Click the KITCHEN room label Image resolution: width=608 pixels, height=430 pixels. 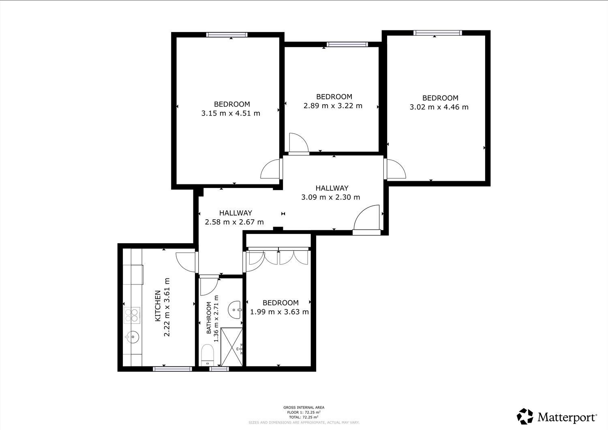point(158,306)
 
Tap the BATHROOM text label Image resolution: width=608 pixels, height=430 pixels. point(209,318)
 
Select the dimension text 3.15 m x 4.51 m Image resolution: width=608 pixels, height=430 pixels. point(231,113)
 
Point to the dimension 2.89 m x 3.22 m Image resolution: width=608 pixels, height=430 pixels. point(333,106)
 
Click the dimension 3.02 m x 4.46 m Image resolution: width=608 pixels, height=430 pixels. point(439,107)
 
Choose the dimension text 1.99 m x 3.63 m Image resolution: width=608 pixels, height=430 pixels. point(279,312)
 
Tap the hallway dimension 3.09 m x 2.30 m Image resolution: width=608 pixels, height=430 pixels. point(331,197)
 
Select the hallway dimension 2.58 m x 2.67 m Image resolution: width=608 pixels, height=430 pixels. point(234,222)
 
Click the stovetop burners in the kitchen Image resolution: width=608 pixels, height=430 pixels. point(132,315)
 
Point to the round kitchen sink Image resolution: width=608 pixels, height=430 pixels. point(133,337)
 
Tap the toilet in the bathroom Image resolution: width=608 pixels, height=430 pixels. point(208,355)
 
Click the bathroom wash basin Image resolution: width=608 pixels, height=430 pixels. point(234,310)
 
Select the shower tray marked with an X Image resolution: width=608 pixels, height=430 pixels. point(231,347)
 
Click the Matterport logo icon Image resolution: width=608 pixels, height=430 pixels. point(525,416)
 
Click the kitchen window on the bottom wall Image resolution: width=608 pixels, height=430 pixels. point(172,369)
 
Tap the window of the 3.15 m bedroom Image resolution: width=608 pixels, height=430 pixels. point(227,34)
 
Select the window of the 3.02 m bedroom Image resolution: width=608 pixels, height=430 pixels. point(437,33)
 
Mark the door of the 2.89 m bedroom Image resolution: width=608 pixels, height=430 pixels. point(299,143)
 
